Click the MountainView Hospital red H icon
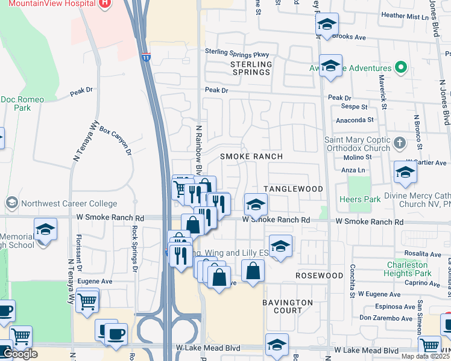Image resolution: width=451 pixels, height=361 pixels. [106, 4]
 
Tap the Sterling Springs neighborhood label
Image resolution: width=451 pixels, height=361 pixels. [251, 68]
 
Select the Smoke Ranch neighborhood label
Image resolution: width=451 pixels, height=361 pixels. [251, 156]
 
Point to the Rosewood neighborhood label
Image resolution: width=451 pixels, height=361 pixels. [319, 276]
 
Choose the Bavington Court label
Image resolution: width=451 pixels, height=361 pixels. [288, 306]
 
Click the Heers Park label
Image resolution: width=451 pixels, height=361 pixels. [359, 200]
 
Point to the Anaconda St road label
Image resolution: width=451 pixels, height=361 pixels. [355, 120]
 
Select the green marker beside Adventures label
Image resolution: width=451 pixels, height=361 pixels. [400, 67]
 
